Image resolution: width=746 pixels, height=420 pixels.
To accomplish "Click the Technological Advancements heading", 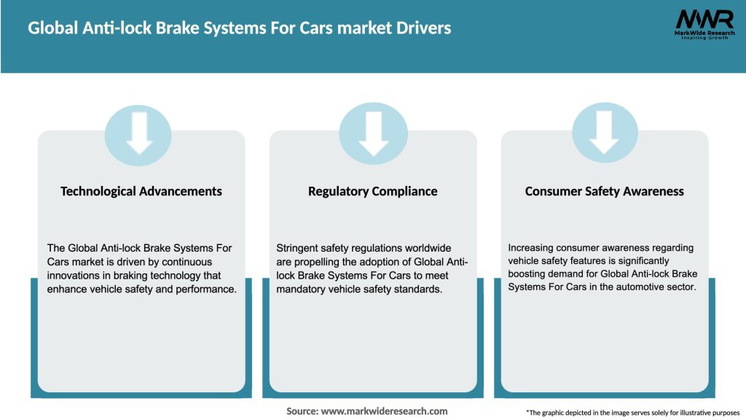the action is pos(141,191).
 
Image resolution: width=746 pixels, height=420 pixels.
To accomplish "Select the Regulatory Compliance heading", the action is pos(373,191).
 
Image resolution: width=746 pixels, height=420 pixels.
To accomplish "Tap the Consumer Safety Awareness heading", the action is pos(605,191).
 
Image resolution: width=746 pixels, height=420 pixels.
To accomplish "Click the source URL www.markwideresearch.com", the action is pos(384,411).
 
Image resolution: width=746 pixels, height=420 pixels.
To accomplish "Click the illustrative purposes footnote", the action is pos(632,413).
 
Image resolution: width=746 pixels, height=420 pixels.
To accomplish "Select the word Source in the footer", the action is pos(302,411).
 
